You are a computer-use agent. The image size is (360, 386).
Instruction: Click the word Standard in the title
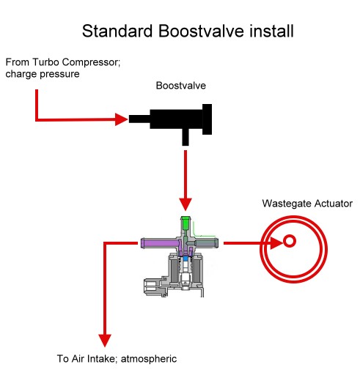click(x=117, y=31)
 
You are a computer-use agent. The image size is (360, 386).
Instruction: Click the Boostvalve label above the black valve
click(x=181, y=86)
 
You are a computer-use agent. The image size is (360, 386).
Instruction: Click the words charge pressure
click(x=43, y=74)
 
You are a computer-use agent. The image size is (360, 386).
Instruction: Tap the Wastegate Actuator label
click(x=307, y=204)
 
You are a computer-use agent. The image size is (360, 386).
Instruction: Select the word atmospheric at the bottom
click(x=149, y=359)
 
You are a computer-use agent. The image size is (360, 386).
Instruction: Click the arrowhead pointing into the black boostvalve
click(x=122, y=119)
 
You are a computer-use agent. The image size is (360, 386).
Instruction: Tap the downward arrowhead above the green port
click(x=185, y=205)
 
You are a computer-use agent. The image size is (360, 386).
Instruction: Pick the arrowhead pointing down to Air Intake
click(x=105, y=341)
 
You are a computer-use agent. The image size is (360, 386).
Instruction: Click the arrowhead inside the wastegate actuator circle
click(x=276, y=243)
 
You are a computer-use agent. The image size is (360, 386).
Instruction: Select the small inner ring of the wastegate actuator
click(x=290, y=236)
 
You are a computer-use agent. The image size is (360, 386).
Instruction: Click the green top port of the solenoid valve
click(x=185, y=222)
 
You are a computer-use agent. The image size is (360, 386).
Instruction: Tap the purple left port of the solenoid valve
click(x=159, y=243)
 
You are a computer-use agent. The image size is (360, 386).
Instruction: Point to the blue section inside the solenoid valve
click(x=185, y=259)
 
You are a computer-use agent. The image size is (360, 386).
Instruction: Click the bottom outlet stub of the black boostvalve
click(x=185, y=137)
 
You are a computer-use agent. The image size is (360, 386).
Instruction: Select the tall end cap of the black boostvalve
click(x=207, y=119)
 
